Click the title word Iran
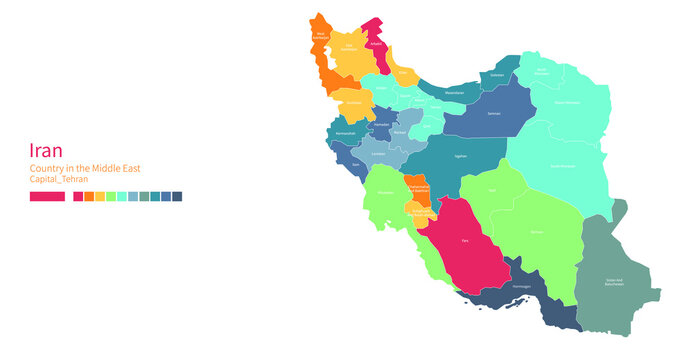[47, 149]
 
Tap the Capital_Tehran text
[59, 179]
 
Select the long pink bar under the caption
[47, 197]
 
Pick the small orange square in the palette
[89, 197]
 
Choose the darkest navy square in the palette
[177, 197]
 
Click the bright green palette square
[111, 197]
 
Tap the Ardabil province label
[376, 45]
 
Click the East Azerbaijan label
[350, 47]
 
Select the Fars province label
[464, 240]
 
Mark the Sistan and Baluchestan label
[614, 282]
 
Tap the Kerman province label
[537, 232]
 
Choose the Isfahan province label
[459, 157]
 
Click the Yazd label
[491, 189]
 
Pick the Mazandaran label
[455, 93]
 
